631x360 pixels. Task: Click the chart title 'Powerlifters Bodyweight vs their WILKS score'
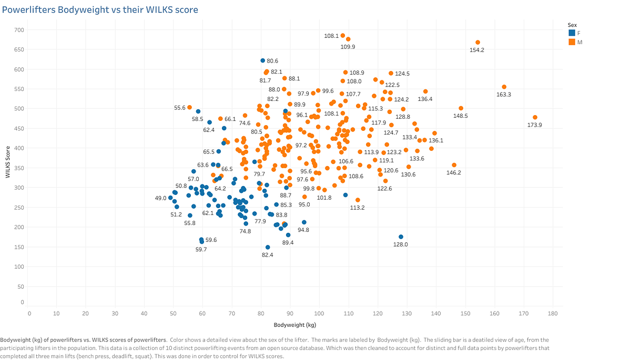[100, 10]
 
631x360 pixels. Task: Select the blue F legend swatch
[572, 33]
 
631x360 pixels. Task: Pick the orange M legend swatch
[572, 42]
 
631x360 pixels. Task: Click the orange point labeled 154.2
[477, 43]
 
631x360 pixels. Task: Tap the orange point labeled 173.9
[535, 117]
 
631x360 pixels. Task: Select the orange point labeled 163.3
[504, 87]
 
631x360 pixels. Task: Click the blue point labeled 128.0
[401, 237]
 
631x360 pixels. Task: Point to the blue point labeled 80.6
[263, 60]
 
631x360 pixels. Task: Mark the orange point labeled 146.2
[454, 165]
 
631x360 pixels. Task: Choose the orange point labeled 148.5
[461, 108]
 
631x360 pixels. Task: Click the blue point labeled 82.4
[268, 247]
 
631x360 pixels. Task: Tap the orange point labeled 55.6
[190, 107]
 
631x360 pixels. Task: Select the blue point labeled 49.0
[170, 198]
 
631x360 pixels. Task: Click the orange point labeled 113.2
[358, 200]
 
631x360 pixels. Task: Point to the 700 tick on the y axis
[19, 30]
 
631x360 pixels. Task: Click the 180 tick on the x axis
[552, 313]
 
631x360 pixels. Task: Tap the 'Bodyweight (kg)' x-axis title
[294, 325]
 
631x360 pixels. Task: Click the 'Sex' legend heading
[573, 24]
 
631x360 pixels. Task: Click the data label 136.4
[425, 99]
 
